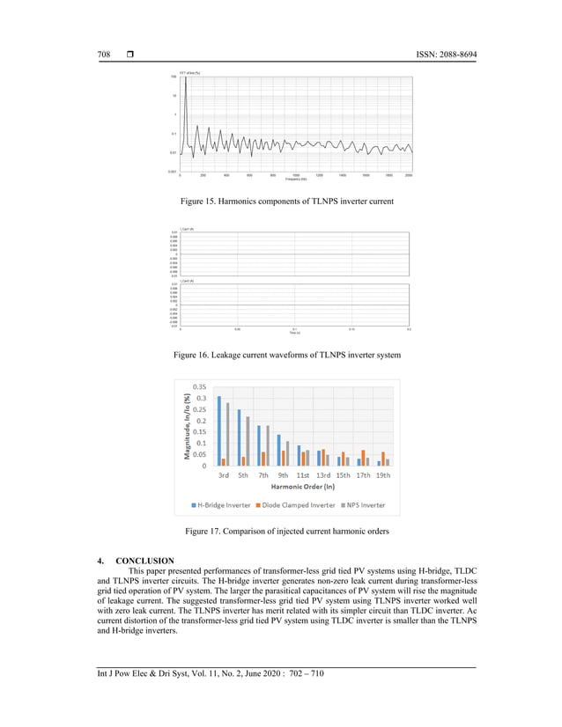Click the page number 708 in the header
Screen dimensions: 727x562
click(x=103, y=55)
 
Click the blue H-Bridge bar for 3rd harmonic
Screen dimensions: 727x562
click(x=219, y=430)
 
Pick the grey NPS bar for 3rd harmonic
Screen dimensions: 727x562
click(x=227, y=434)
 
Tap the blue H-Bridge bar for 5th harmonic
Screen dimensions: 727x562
click(x=239, y=437)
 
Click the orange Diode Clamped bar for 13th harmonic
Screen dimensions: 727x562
click(x=323, y=457)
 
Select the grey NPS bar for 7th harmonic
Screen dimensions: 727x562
click(x=267, y=445)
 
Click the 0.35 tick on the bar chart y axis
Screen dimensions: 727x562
click(x=199, y=387)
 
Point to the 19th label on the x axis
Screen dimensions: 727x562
click(x=383, y=475)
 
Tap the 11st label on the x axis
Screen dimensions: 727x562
click(x=303, y=475)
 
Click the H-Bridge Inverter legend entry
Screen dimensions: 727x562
click(x=222, y=505)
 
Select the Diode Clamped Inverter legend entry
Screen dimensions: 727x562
click(x=297, y=505)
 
